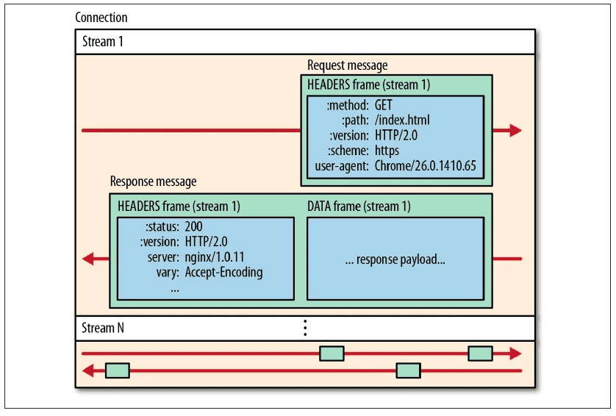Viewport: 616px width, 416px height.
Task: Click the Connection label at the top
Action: (x=101, y=17)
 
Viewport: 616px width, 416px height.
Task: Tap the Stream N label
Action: (x=101, y=328)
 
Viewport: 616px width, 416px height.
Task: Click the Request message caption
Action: (x=347, y=65)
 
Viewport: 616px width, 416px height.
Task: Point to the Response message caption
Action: (x=153, y=182)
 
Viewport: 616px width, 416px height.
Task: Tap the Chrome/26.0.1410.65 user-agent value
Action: (x=425, y=166)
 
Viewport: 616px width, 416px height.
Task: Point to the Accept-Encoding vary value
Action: (x=223, y=273)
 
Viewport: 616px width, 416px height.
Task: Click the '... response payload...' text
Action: (x=395, y=259)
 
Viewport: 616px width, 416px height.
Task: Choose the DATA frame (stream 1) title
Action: (x=359, y=207)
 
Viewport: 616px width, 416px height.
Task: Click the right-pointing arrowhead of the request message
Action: (x=515, y=131)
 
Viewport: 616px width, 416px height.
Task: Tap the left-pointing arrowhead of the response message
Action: (x=88, y=259)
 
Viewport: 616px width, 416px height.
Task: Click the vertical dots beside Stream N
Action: (x=305, y=328)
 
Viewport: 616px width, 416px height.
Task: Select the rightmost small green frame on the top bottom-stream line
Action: (x=480, y=354)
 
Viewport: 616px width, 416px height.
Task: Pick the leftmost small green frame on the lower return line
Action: (x=118, y=370)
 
